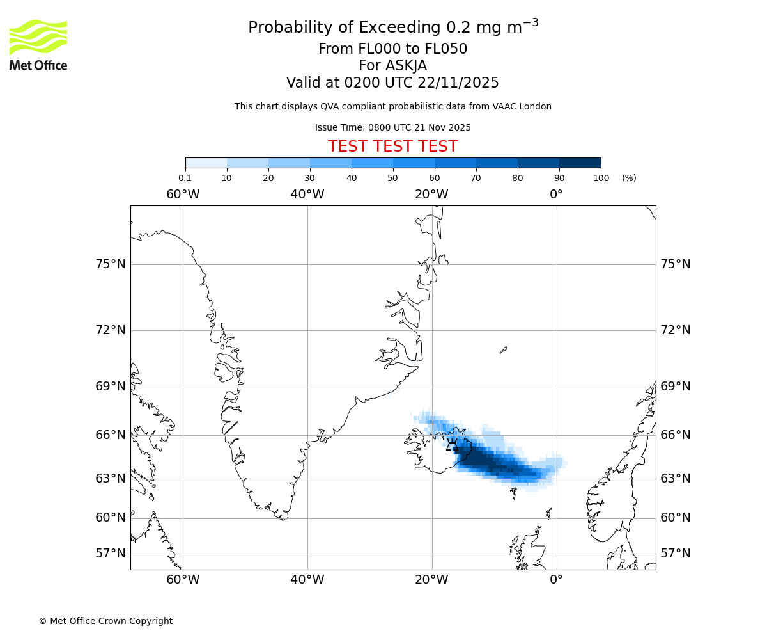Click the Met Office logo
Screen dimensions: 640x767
[x=38, y=45]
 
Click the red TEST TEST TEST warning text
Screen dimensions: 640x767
[x=392, y=147]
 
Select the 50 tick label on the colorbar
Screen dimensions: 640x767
[x=392, y=178]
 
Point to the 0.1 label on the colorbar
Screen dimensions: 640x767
[x=185, y=178]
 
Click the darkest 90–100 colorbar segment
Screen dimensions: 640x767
[x=580, y=163]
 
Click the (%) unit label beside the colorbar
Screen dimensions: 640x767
[x=629, y=178]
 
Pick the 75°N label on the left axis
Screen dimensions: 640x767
[x=111, y=264]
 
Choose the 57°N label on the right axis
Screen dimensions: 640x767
[x=675, y=554]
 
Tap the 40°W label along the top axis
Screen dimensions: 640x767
[x=307, y=194]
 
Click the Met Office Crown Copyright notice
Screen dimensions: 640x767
[x=105, y=621]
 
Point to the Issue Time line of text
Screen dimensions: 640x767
[x=392, y=127]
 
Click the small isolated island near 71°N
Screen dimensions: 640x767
[x=504, y=349]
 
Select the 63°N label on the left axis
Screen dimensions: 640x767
[x=111, y=479]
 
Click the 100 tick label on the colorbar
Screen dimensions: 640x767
[x=601, y=178]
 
